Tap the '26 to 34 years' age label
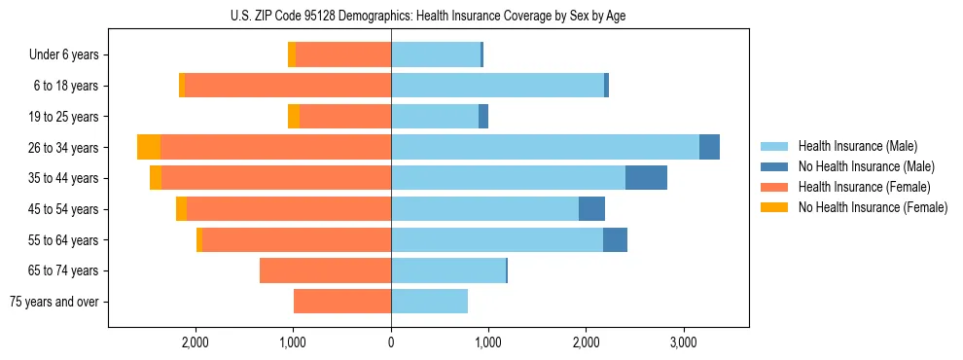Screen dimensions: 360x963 64,148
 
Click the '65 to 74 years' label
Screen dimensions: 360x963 64,270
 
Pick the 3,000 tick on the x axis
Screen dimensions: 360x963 684,342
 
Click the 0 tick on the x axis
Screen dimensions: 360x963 391,342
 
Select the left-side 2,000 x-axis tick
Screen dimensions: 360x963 196,342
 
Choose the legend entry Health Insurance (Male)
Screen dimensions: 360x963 857,146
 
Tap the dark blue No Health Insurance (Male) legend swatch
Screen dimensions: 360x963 774,166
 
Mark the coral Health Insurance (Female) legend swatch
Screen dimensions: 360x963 774,187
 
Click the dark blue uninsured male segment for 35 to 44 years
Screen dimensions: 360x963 646,178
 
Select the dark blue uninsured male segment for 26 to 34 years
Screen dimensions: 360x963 709,147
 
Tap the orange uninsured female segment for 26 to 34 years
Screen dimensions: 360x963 149,147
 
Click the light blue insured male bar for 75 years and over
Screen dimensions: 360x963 429,302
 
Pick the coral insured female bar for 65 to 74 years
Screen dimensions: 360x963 325,270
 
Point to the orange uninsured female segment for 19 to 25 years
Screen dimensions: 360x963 294,117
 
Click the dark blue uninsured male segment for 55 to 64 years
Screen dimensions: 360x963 615,239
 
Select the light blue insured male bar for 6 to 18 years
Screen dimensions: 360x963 497,86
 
